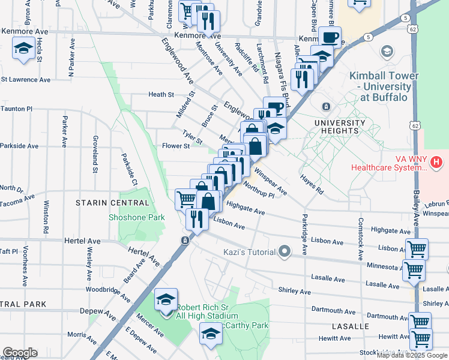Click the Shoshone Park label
click(x=136, y=217)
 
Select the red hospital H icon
click(x=436, y=161)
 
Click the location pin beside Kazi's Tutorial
click(x=285, y=251)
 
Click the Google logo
click(x=20, y=353)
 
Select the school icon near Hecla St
click(x=23, y=49)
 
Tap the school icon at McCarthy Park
click(x=211, y=334)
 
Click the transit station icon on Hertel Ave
click(x=185, y=240)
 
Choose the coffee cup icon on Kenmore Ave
click(x=329, y=37)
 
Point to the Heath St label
click(x=161, y=94)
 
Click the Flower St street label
click(x=175, y=145)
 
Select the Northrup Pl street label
click(x=259, y=191)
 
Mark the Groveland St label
click(x=95, y=154)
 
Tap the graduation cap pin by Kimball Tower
click(x=387, y=51)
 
